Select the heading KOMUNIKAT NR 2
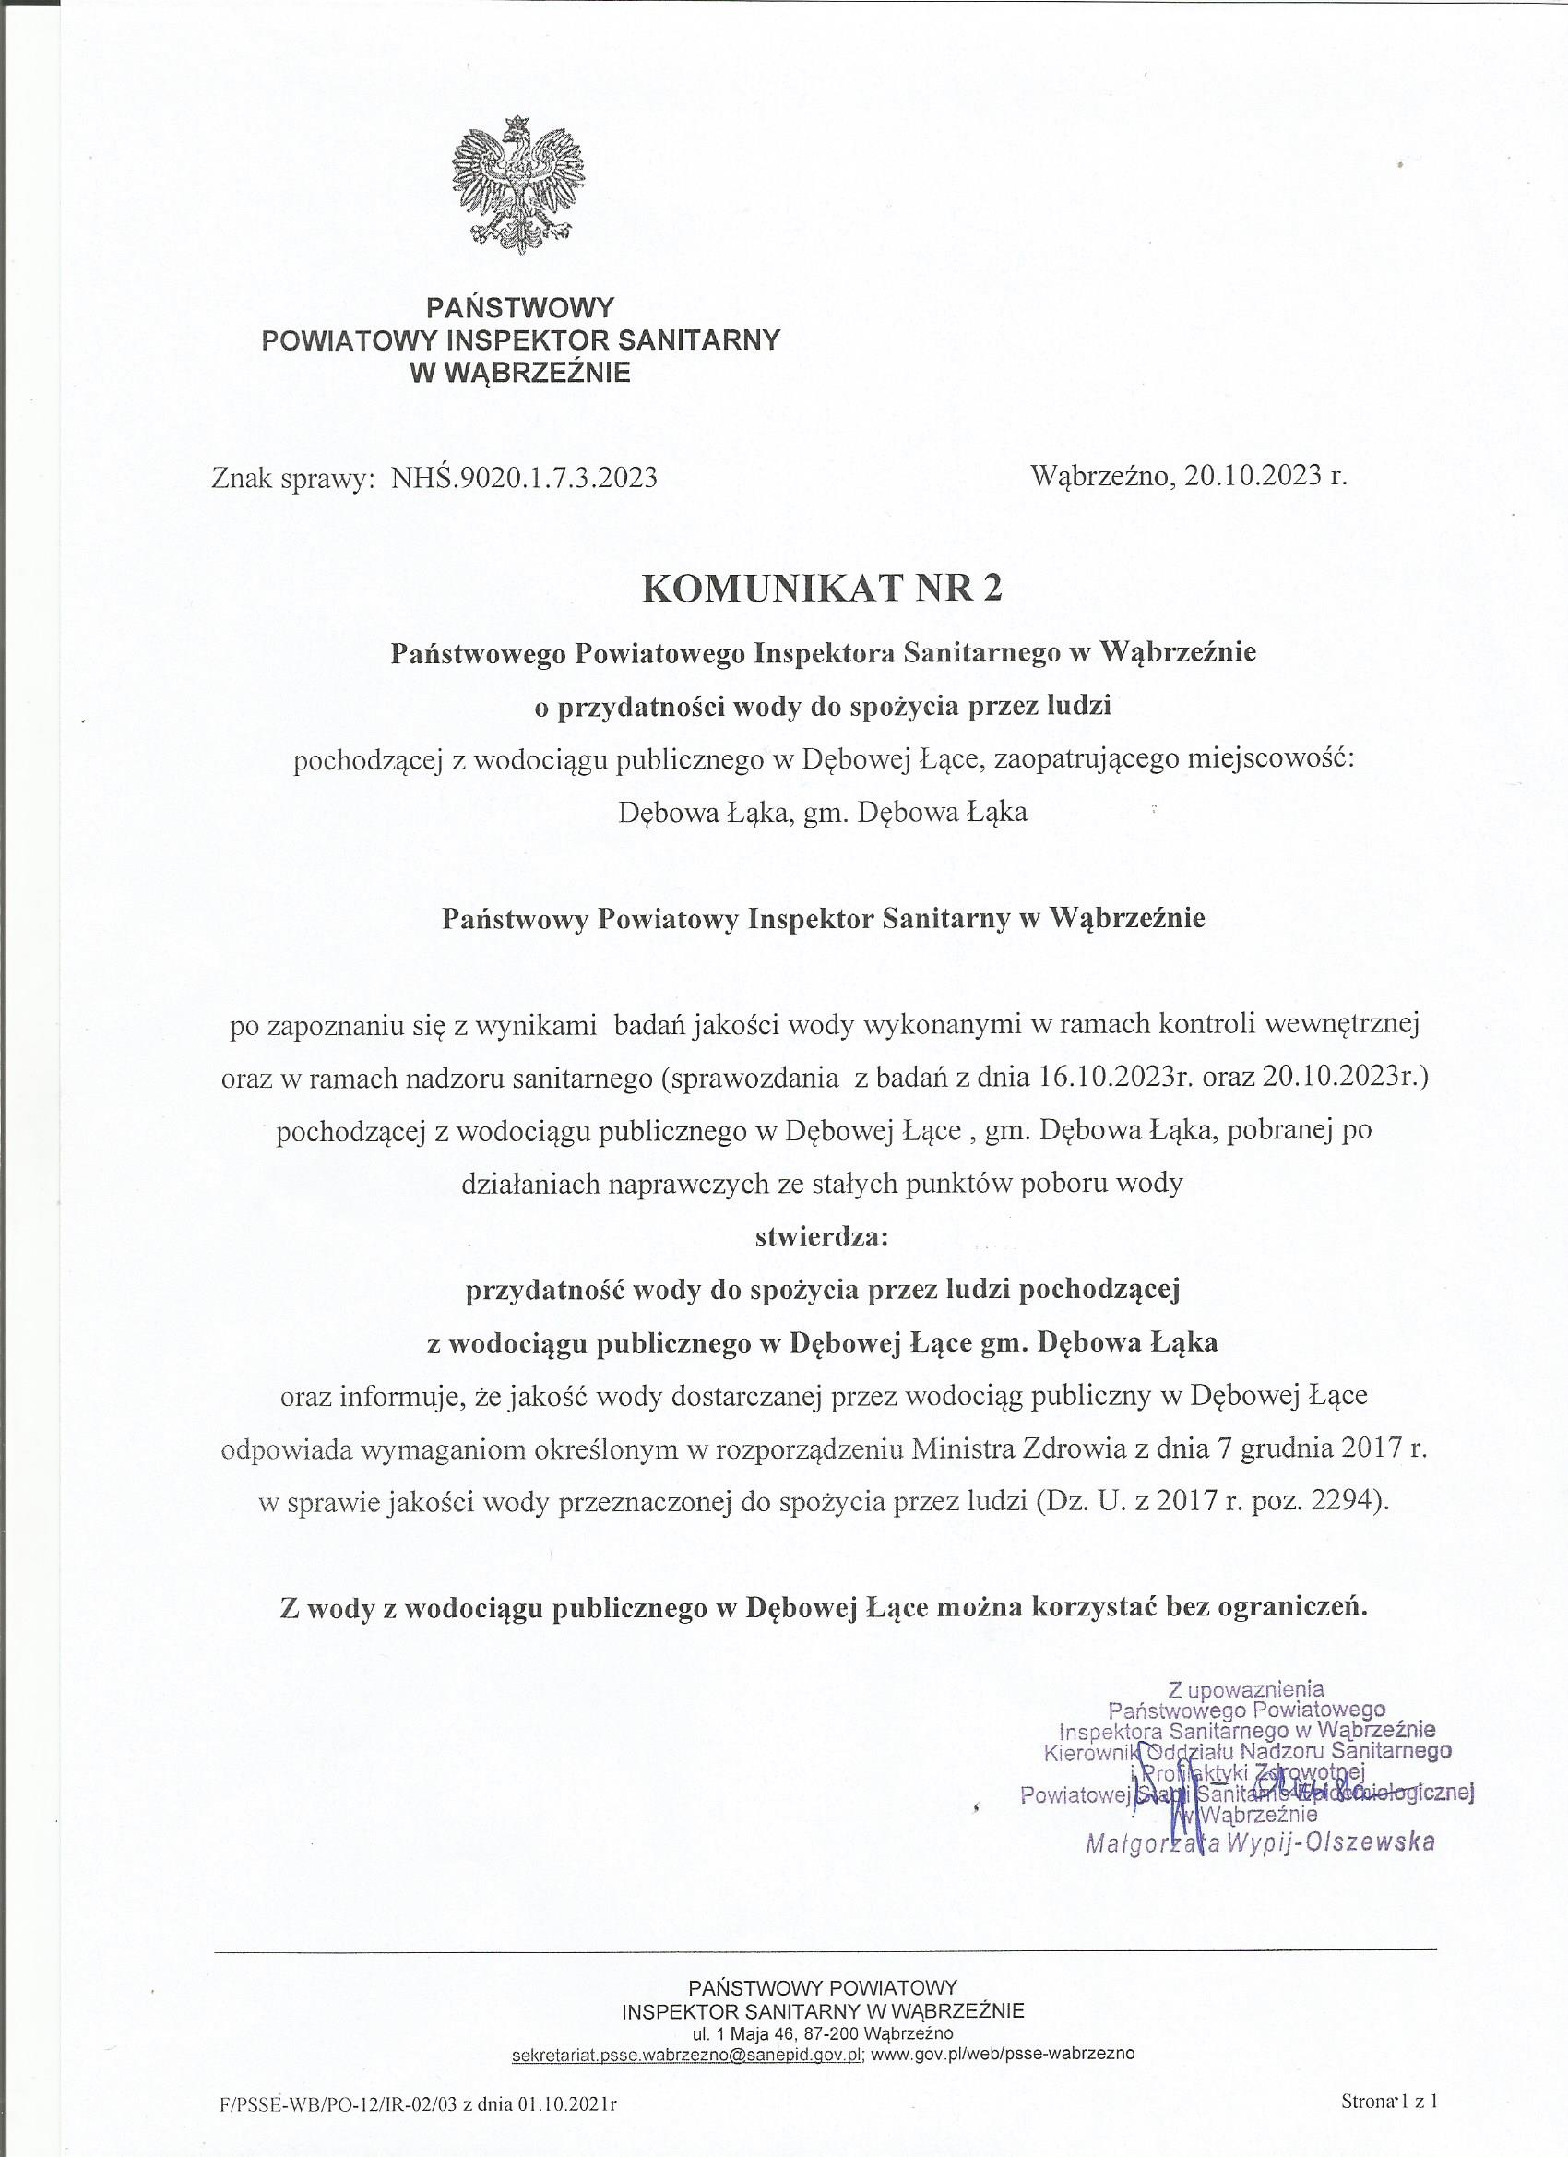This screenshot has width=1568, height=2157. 823,589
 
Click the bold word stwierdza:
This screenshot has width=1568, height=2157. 822,1237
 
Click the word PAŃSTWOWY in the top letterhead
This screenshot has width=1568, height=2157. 520,308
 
